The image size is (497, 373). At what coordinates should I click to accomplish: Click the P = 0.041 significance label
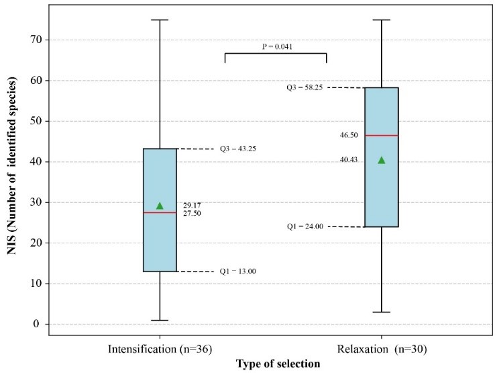click(277, 47)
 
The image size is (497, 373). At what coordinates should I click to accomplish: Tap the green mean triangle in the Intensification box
click(160, 206)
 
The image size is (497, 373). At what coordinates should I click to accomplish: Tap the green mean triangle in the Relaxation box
click(382, 160)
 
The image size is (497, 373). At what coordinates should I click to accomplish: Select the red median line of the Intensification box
click(160, 212)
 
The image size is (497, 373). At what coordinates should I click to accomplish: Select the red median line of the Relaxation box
click(382, 135)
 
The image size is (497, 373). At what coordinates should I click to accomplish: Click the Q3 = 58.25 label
click(305, 87)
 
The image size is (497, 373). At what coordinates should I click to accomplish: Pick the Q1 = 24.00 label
click(305, 226)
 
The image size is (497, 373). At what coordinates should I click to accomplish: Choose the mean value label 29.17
click(193, 205)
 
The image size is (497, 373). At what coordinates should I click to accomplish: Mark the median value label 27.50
click(193, 214)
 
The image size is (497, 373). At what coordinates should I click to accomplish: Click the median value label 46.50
click(349, 135)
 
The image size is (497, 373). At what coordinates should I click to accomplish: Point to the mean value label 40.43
click(349, 160)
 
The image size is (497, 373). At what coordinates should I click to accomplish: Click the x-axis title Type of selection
click(278, 364)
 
